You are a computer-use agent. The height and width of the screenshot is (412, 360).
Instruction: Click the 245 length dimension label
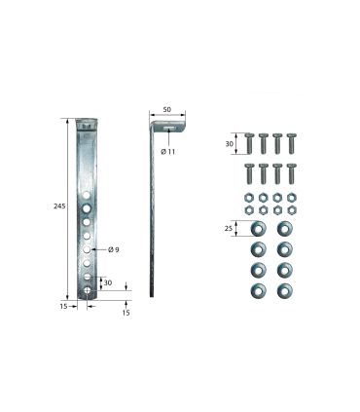tap(59, 206)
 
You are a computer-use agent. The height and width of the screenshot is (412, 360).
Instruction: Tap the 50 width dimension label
tap(167, 110)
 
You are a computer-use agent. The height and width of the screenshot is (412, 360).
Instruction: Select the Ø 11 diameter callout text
tap(167, 152)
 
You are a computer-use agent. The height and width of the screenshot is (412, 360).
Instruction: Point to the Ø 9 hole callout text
tap(114, 249)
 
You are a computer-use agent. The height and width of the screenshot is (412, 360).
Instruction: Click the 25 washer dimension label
tap(229, 229)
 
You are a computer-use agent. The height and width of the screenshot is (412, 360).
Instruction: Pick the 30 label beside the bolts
tap(229, 143)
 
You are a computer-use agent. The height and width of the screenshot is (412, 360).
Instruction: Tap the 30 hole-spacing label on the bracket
tap(108, 282)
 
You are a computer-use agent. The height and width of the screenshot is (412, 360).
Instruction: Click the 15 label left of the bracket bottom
tap(63, 306)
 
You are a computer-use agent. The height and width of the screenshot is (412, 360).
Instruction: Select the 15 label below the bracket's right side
tap(126, 313)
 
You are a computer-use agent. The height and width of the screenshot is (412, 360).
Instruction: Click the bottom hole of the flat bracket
tap(87, 290)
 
